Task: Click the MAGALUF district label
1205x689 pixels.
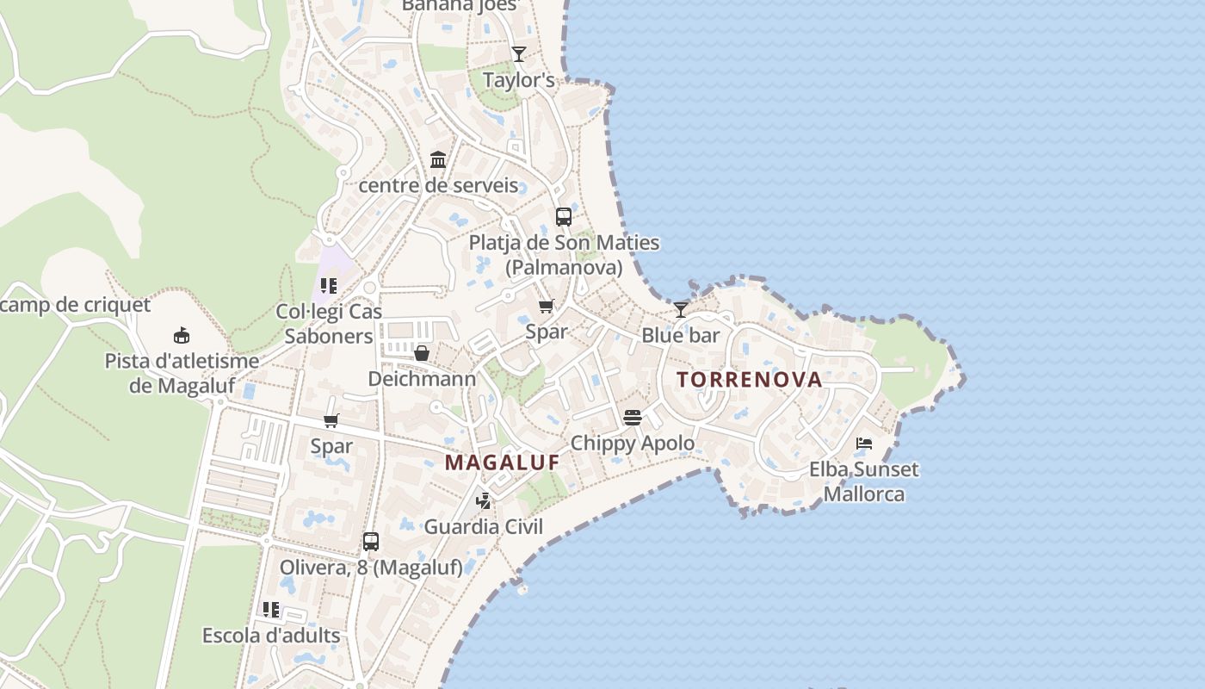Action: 502,462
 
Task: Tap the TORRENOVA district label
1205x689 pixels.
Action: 749,380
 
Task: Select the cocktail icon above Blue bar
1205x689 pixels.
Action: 681,308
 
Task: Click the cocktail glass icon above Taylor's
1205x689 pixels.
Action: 518,53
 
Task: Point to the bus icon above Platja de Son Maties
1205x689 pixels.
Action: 564,217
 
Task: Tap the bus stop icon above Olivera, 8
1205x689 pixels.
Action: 371,542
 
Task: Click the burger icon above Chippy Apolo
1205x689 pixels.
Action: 633,418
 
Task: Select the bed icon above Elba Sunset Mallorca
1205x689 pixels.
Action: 864,444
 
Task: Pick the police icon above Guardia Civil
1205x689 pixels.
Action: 484,500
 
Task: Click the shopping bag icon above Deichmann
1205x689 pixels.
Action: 422,353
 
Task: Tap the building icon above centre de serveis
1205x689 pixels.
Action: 438,159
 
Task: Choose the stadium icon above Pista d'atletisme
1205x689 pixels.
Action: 182,335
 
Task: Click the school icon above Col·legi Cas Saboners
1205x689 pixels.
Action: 328,285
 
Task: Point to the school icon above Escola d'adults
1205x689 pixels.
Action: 271,610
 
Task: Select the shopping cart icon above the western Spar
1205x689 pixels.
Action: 331,420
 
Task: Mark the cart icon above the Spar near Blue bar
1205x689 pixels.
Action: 546,306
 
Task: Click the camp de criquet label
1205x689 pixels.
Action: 76,305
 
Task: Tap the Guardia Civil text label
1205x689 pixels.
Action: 484,526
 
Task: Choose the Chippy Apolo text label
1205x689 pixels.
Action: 633,444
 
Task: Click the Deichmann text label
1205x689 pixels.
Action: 422,379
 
